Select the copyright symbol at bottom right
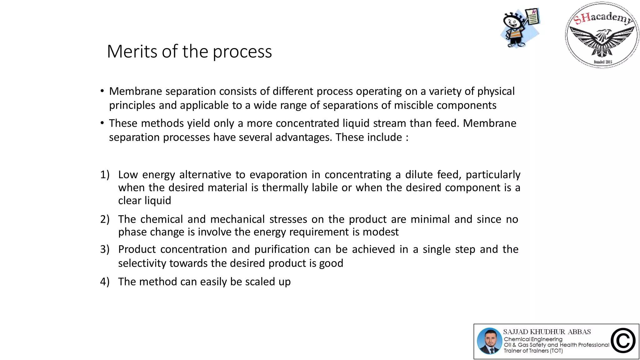pyautogui.click(x=623, y=341)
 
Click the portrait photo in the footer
pyautogui.click(x=489, y=341)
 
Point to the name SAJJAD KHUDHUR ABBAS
pyautogui.click(x=547, y=332)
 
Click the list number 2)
pyautogui.click(x=105, y=219)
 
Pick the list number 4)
pyautogui.click(x=105, y=282)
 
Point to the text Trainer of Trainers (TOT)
pyautogui.click(x=533, y=351)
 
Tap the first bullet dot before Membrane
pyautogui.click(x=102, y=91)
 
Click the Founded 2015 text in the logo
pyautogui.click(x=603, y=62)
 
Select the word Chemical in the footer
pyautogui.click(x=517, y=339)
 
